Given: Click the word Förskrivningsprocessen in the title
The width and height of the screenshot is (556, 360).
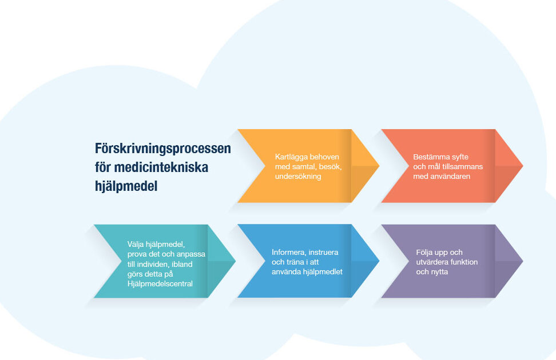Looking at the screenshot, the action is pyautogui.click(x=163, y=149).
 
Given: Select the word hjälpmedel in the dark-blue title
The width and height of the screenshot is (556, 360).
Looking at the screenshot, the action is pyautogui.click(x=126, y=186).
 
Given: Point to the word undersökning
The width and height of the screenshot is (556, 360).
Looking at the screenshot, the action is pyautogui.click(x=298, y=177).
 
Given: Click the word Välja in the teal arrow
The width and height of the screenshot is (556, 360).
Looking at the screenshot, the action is pyautogui.click(x=136, y=245).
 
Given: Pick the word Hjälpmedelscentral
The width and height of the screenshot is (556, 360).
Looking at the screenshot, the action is pyautogui.click(x=160, y=283).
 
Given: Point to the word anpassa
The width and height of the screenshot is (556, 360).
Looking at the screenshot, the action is pyautogui.click(x=191, y=254).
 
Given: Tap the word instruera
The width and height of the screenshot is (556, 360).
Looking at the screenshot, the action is pyautogui.click(x=323, y=252).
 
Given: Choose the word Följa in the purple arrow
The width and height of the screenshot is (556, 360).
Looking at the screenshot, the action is pyautogui.click(x=424, y=253).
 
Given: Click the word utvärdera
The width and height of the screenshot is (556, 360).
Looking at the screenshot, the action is pyautogui.click(x=431, y=262).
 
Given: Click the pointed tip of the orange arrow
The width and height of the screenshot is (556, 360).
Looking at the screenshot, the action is pyautogui.click(x=379, y=166).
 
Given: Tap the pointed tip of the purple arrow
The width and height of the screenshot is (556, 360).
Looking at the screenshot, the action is pyautogui.click(x=523, y=261).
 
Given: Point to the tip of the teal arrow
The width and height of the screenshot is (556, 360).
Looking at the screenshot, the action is pyautogui.click(x=236, y=261).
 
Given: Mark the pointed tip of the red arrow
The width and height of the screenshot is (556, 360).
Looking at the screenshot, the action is pyautogui.click(x=523, y=166).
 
